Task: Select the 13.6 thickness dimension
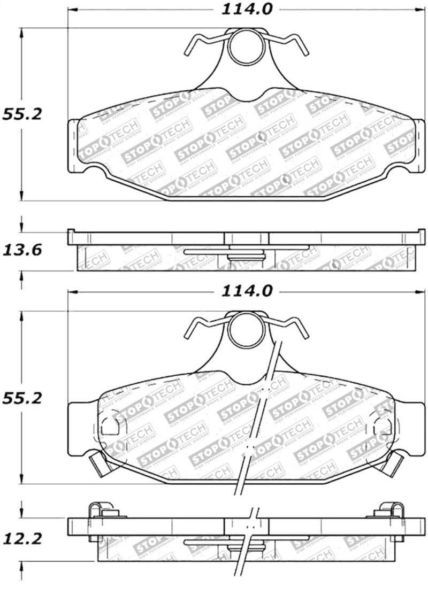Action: coord(21,250)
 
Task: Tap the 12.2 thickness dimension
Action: coord(21,539)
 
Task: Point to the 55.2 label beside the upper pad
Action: coord(21,114)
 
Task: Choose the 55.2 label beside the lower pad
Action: coord(21,398)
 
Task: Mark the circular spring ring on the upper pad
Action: coord(247,47)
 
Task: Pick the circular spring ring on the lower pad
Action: coord(247,330)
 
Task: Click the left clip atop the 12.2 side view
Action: coord(100,510)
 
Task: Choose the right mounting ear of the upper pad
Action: coord(419,145)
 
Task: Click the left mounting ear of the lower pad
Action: coord(80,428)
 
